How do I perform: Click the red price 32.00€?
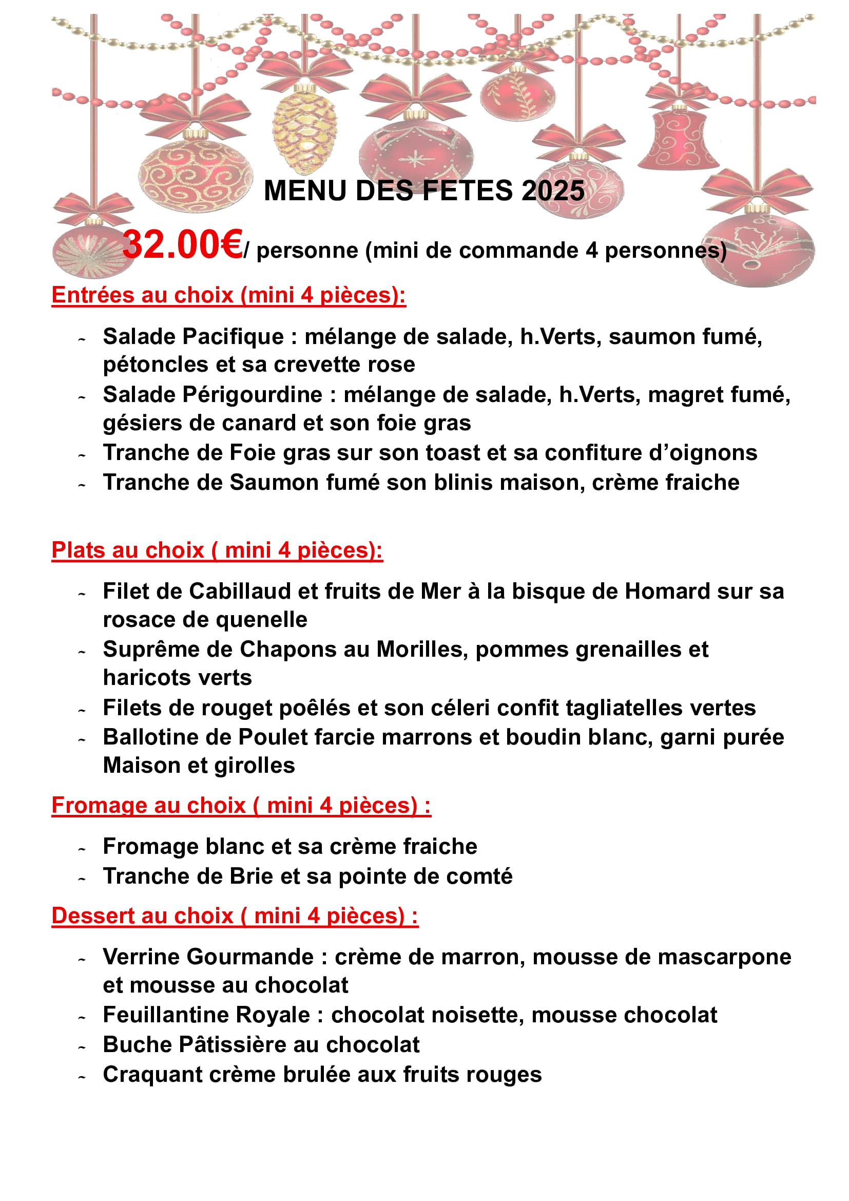pyautogui.click(x=182, y=245)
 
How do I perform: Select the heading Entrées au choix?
pyautogui.click(x=228, y=295)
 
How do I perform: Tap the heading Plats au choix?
pyautogui.click(x=217, y=550)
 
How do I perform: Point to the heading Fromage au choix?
pyautogui.click(x=241, y=806)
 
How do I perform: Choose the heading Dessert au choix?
pyautogui.click(x=235, y=916)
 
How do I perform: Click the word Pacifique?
pyautogui.click(x=233, y=337)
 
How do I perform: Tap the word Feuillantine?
pyautogui.click(x=166, y=1015)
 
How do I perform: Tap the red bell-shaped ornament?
pyautogui.click(x=679, y=139)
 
